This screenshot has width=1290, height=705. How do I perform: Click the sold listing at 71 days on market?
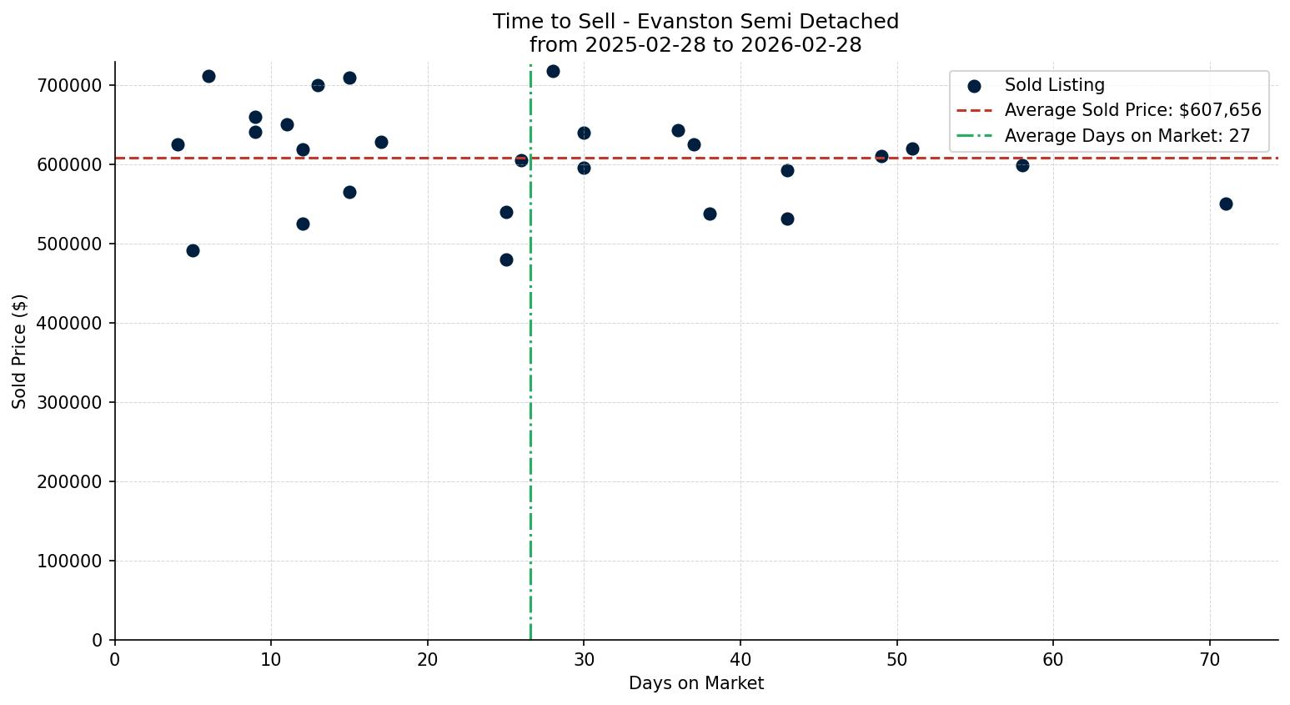(1225, 204)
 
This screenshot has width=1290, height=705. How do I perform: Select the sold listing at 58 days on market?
(1022, 165)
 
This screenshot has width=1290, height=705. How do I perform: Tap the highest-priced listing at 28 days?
(553, 71)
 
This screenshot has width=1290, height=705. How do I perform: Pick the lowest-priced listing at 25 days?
(506, 259)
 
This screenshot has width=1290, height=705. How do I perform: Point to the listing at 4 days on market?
(178, 144)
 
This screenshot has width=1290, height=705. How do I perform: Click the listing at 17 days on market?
(381, 142)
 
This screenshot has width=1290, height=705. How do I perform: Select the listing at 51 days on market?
(912, 149)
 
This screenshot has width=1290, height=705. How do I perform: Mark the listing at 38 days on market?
(710, 214)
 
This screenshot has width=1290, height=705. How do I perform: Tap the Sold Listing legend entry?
(1054, 85)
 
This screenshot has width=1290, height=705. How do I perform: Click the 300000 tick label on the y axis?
(70, 403)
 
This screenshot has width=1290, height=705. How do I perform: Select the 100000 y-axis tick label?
(70, 561)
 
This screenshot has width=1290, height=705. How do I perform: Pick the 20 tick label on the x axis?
(428, 660)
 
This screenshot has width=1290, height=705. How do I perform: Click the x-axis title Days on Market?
(696, 683)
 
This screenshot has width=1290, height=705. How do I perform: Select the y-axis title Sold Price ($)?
(20, 350)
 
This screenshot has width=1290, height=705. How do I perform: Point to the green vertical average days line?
(530, 375)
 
